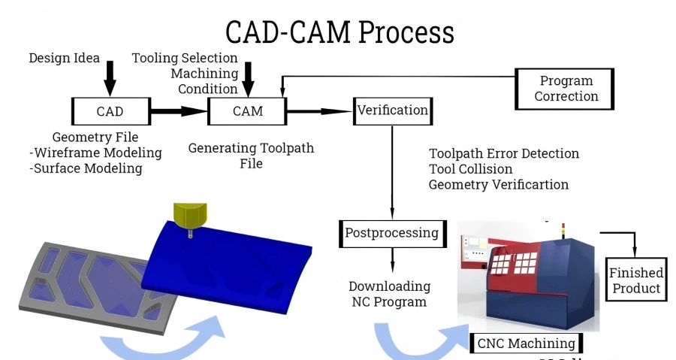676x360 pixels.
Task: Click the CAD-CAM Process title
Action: (x=340, y=32)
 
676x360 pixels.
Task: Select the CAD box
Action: (x=110, y=111)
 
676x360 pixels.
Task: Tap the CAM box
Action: (x=247, y=111)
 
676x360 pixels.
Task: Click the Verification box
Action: (x=392, y=110)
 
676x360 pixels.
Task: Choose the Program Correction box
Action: (x=566, y=89)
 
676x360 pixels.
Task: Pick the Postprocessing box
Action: (x=391, y=233)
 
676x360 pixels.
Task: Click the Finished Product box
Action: (x=635, y=280)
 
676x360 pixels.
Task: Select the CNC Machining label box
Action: (x=527, y=343)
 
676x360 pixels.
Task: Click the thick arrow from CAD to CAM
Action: (x=178, y=111)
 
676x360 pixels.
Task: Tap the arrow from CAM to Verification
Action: (x=319, y=111)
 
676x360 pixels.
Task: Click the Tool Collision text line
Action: (x=470, y=169)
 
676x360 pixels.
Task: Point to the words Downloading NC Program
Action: (x=389, y=294)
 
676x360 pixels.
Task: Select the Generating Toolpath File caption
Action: (x=251, y=156)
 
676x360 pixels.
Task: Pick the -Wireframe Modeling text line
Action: (x=96, y=153)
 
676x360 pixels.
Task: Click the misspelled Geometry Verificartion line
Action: (x=498, y=185)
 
